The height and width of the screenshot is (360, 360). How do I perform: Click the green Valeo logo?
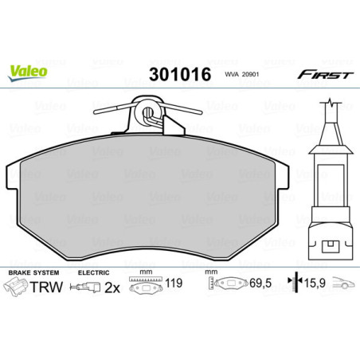pos(27,69)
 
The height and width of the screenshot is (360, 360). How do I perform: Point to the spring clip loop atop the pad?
pos(147,111)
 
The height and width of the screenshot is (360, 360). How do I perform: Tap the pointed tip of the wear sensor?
pos(328,104)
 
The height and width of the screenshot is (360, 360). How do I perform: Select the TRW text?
pos(45,288)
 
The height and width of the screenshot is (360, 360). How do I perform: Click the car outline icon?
pos(343,284)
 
